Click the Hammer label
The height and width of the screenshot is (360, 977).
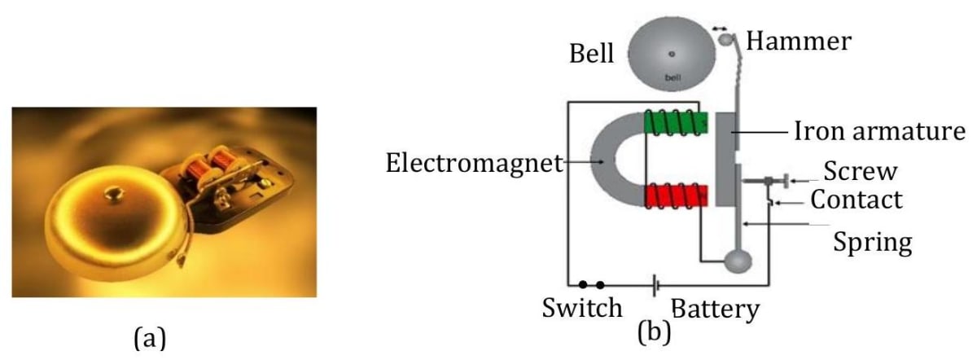click(x=799, y=42)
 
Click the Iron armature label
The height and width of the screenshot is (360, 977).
click(x=880, y=132)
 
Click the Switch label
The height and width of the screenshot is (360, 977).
click(x=582, y=308)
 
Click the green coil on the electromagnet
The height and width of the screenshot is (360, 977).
click(x=675, y=123)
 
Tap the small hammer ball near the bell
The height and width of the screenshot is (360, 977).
click(x=729, y=39)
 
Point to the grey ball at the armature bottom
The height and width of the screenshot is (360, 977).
click(x=740, y=261)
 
